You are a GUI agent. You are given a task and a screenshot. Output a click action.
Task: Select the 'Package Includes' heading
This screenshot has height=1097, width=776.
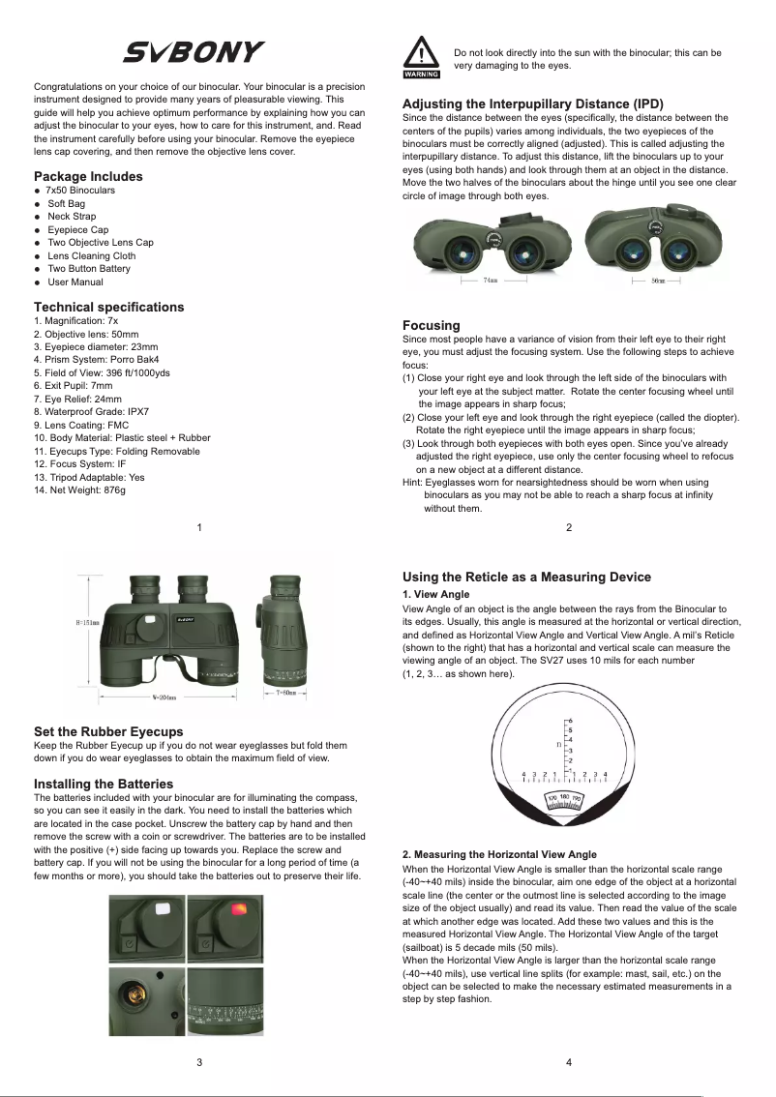pos(88,176)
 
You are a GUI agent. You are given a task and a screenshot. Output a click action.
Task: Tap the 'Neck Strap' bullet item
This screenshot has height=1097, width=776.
pos(72,217)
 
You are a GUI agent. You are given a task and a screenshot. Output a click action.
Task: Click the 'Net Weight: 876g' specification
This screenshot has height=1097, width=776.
pos(79,490)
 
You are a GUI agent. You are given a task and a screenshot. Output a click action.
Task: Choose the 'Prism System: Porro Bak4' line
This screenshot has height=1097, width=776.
pos(89,359)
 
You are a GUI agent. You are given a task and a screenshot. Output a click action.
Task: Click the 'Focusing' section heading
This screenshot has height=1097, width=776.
pos(431,325)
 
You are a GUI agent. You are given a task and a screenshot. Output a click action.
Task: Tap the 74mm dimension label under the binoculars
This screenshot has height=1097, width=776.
pos(491,282)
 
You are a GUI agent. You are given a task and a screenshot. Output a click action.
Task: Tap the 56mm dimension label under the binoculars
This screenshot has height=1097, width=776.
pos(657,282)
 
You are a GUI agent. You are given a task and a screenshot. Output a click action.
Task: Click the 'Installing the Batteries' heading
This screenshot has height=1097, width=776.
pos(104,784)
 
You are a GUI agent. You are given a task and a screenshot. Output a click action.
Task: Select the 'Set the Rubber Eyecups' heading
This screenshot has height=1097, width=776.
pos(108,731)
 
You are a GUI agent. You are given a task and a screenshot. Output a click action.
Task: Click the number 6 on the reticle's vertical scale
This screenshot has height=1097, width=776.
pos(570,722)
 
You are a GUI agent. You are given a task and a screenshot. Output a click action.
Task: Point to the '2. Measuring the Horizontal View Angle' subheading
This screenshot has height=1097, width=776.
pos(499,855)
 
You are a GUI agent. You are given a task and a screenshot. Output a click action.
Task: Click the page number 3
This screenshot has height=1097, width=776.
pos(199,1062)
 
